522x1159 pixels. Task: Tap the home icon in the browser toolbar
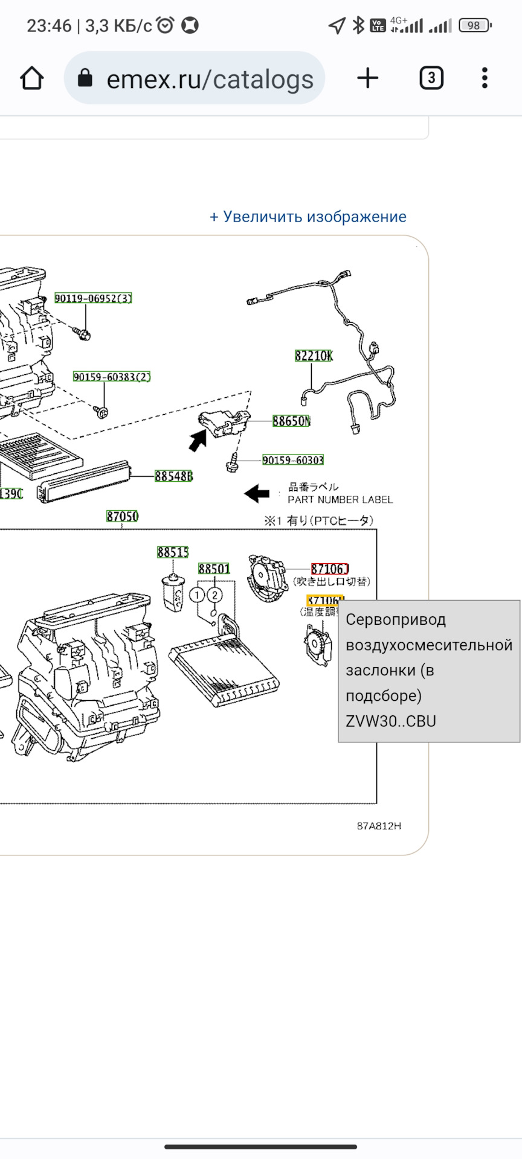coord(32,78)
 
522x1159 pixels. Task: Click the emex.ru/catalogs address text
coord(210,79)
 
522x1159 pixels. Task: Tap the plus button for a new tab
coord(367,78)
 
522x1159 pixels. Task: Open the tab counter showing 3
coord(431,78)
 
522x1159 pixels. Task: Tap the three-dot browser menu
coord(485,78)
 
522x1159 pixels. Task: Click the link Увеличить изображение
coord(308,217)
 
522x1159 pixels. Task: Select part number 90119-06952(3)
coord(93,298)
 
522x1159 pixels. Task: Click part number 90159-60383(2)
coord(112,377)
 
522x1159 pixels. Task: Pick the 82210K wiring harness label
coord(314,356)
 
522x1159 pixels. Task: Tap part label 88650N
coord(291,421)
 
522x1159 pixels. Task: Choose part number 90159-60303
coord(293,460)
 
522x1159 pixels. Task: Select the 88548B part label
coord(173,476)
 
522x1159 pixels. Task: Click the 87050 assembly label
coord(122,516)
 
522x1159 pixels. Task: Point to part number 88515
coord(173,552)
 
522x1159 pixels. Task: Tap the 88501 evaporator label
coord(214,569)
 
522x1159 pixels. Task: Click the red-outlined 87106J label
coord(330,569)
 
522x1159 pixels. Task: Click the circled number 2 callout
coord(215,595)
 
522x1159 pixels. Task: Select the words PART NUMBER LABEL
coord(340,500)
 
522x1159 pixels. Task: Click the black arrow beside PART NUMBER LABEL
coord(257,493)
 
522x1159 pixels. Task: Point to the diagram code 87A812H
coord(379,826)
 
